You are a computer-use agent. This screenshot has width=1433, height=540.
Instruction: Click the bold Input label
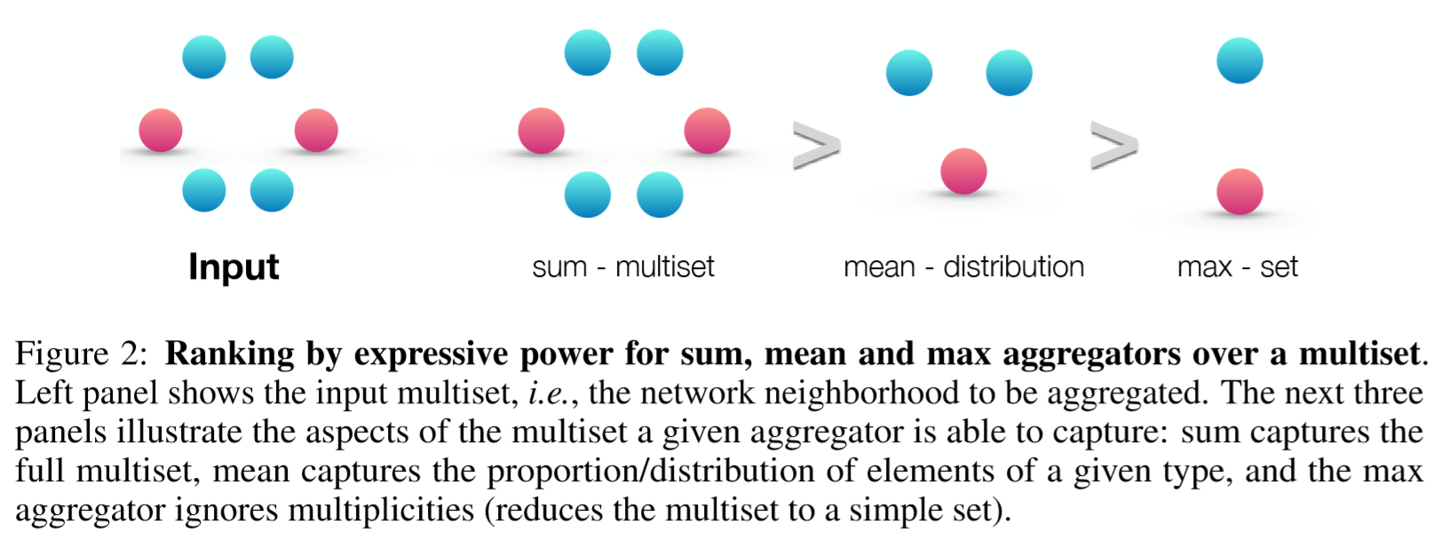click(x=234, y=266)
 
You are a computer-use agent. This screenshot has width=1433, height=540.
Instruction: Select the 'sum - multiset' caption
click(x=623, y=266)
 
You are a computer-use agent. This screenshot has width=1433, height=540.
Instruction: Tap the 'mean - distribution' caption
click(x=963, y=266)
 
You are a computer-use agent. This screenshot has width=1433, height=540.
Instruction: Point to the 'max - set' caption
click(x=1237, y=266)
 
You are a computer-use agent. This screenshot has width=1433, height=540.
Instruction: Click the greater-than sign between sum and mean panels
click(x=816, y=146)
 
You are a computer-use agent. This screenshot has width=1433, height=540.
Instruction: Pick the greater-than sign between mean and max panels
click(x=1113, y=146)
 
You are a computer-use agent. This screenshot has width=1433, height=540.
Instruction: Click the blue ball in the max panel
click(x=1239, y=60)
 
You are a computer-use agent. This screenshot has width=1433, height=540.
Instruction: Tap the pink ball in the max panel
click(x=1239, y=192)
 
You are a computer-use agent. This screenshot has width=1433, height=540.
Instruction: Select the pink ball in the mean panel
click(x=963, y=171)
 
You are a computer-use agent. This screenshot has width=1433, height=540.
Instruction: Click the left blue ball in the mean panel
click(x=909, y=72)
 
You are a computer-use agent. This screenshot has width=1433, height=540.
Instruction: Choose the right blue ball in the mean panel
click(x=1009, y=72)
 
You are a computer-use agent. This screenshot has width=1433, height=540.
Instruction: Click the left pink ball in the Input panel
click(x=161, y=131)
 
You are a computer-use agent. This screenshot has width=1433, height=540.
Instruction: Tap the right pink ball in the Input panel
click(x=316, y=131)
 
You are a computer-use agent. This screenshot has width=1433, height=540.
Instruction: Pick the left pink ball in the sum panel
click(x=541, y=131)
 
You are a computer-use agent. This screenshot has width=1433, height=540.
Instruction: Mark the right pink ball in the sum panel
click(x=707, y=131)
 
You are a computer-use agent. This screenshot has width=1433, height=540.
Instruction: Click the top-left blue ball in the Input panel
click(x=204, y=57)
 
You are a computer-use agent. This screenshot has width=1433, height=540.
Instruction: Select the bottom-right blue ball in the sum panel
click(x=660, y=195)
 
